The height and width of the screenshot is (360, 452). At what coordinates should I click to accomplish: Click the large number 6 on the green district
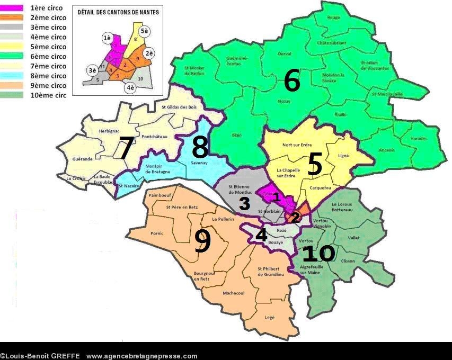point(291,81)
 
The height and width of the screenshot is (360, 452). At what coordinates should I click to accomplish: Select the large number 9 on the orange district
point(202,241)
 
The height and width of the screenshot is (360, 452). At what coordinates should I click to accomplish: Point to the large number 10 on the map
point(318,254)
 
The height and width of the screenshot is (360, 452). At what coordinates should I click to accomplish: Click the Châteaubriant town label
point(331,43)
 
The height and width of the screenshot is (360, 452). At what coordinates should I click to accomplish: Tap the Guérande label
point(83,159)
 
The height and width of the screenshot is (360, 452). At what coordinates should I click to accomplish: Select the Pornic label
point(157,233)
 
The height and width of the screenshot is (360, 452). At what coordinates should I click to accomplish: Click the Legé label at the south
point(270,317)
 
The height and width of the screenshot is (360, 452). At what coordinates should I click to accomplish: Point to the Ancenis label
point(387,150)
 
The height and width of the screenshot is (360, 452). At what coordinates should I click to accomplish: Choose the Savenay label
point(199,164)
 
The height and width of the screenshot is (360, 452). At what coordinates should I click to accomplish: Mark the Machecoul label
point(234,293)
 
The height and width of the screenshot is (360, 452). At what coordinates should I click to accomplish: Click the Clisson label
point(348,261)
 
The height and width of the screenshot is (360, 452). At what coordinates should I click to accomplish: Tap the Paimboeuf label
point(161,196)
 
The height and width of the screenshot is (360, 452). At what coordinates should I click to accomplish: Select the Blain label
point(237,135)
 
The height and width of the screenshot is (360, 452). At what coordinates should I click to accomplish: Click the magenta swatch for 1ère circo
point(14,8)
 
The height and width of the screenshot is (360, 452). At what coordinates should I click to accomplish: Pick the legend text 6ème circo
point(48,57)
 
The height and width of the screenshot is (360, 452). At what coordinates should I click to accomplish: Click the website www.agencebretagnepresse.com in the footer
point(141,356)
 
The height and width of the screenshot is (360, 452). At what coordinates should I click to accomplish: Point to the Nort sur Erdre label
point(297,145)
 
